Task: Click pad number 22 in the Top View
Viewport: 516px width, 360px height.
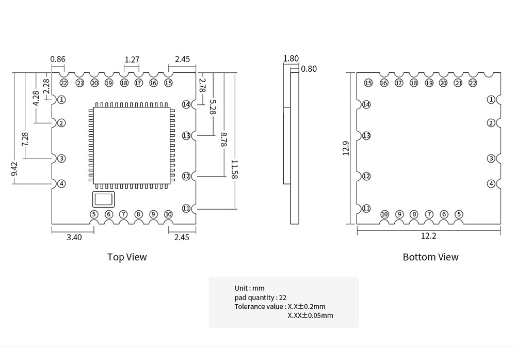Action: pos(64,83)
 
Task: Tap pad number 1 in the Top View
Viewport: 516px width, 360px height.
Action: pos(61,99)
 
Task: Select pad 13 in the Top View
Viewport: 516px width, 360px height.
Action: pos(186,135)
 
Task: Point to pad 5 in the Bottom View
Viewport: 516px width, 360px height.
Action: pos(459,214)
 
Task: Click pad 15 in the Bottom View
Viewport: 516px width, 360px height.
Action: pos(368,83)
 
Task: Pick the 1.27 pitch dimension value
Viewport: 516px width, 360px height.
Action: pos(132,59)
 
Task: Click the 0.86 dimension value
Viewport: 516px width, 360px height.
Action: pos(58,59)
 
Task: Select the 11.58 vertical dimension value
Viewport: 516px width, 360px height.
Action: pos(234,170)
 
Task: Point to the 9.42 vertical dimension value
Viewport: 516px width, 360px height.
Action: pos(14,169)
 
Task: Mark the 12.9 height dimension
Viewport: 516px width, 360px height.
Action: pos(346,148)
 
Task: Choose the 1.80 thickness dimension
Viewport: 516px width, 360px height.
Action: pos(291,58)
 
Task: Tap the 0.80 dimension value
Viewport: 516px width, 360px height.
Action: pos(309,69)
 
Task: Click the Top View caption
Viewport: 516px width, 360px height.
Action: pos(127,257)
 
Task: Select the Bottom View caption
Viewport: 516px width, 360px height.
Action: pos(430,257)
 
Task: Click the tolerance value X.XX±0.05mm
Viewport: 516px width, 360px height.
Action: pos(310,315)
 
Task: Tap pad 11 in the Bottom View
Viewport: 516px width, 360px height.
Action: pos(366,208)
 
